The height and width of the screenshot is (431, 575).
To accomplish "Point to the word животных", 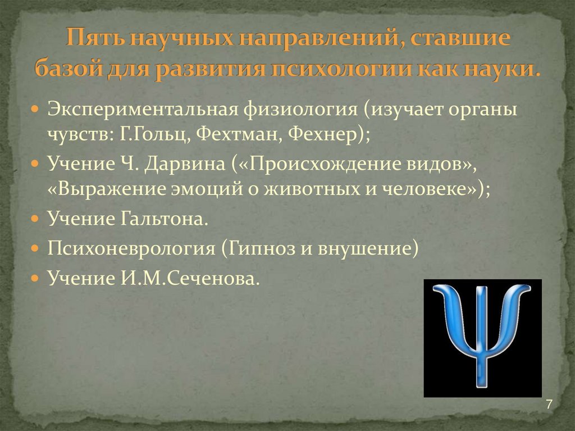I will tap(304, 189).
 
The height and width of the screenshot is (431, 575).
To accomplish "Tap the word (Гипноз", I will tap(257, 248).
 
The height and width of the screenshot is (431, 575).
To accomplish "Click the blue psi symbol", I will tap(482, 337).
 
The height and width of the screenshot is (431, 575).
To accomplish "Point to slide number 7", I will tap(549, 405).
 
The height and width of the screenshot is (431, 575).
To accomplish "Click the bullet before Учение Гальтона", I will tap(35, 218).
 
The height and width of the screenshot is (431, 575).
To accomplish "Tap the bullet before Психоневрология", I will tap(35, 247).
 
